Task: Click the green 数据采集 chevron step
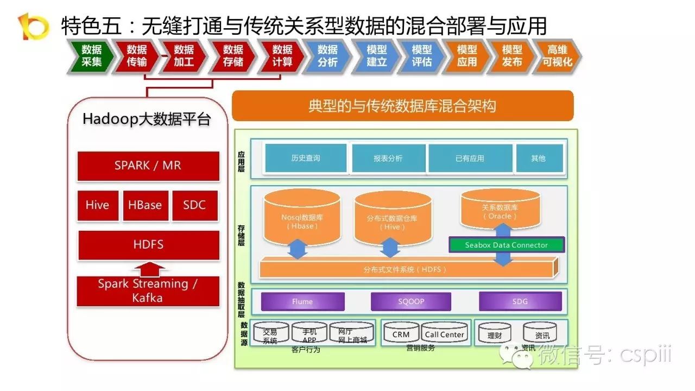92,56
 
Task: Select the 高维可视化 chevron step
557,56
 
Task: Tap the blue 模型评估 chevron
422,56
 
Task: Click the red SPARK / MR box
148,166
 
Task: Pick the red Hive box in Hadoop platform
98,205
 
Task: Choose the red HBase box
145,205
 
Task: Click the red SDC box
194,205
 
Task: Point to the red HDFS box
148,245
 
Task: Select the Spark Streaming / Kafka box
148,291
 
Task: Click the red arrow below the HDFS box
148,269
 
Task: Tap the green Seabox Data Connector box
507,245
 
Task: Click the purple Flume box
302,301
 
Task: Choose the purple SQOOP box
411,301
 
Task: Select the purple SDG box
520,301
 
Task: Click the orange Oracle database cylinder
500,211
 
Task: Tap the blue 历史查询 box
305,159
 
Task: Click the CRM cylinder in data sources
401,333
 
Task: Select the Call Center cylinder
444,333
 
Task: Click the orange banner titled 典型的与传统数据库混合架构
402,106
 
